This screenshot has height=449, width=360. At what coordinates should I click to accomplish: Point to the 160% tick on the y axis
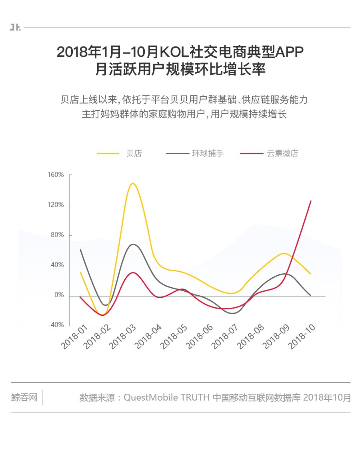(x=56, y=175)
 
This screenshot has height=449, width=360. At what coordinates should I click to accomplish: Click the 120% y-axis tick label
(x=56, y=205)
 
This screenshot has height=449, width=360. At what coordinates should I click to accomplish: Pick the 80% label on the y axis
(x=57, y=235)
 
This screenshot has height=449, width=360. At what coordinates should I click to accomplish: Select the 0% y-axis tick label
(x=59, y=295)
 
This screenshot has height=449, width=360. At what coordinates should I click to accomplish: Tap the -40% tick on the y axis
(x=56, y=325)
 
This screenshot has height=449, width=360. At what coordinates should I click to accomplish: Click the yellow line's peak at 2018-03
(x=132, y=184)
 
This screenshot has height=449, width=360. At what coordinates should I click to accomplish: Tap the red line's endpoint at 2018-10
(x=311, y=201)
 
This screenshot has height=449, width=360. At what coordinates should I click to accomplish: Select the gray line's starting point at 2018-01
(x=80, y=250)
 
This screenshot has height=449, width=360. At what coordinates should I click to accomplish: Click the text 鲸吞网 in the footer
(x=24, y=398)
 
